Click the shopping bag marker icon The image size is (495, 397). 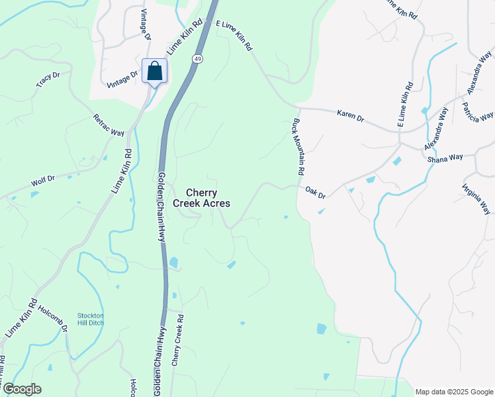[154, 71]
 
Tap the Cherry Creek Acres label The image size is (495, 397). [202, 198]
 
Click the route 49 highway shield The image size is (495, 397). [198, 60]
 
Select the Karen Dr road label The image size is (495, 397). [351, 116]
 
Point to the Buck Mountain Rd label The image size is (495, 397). [299, 147]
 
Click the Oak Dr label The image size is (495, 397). [316, 193]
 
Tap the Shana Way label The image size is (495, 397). [445, 158]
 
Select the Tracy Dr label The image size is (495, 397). [48, 79]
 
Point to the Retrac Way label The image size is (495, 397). [109, 124]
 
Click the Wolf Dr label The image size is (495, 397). [42, 178]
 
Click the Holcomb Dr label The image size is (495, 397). [54, 318]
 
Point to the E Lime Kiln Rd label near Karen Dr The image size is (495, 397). [405, 104]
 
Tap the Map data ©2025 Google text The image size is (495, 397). [454, 392]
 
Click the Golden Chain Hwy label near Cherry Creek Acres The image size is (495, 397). [160, 206]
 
